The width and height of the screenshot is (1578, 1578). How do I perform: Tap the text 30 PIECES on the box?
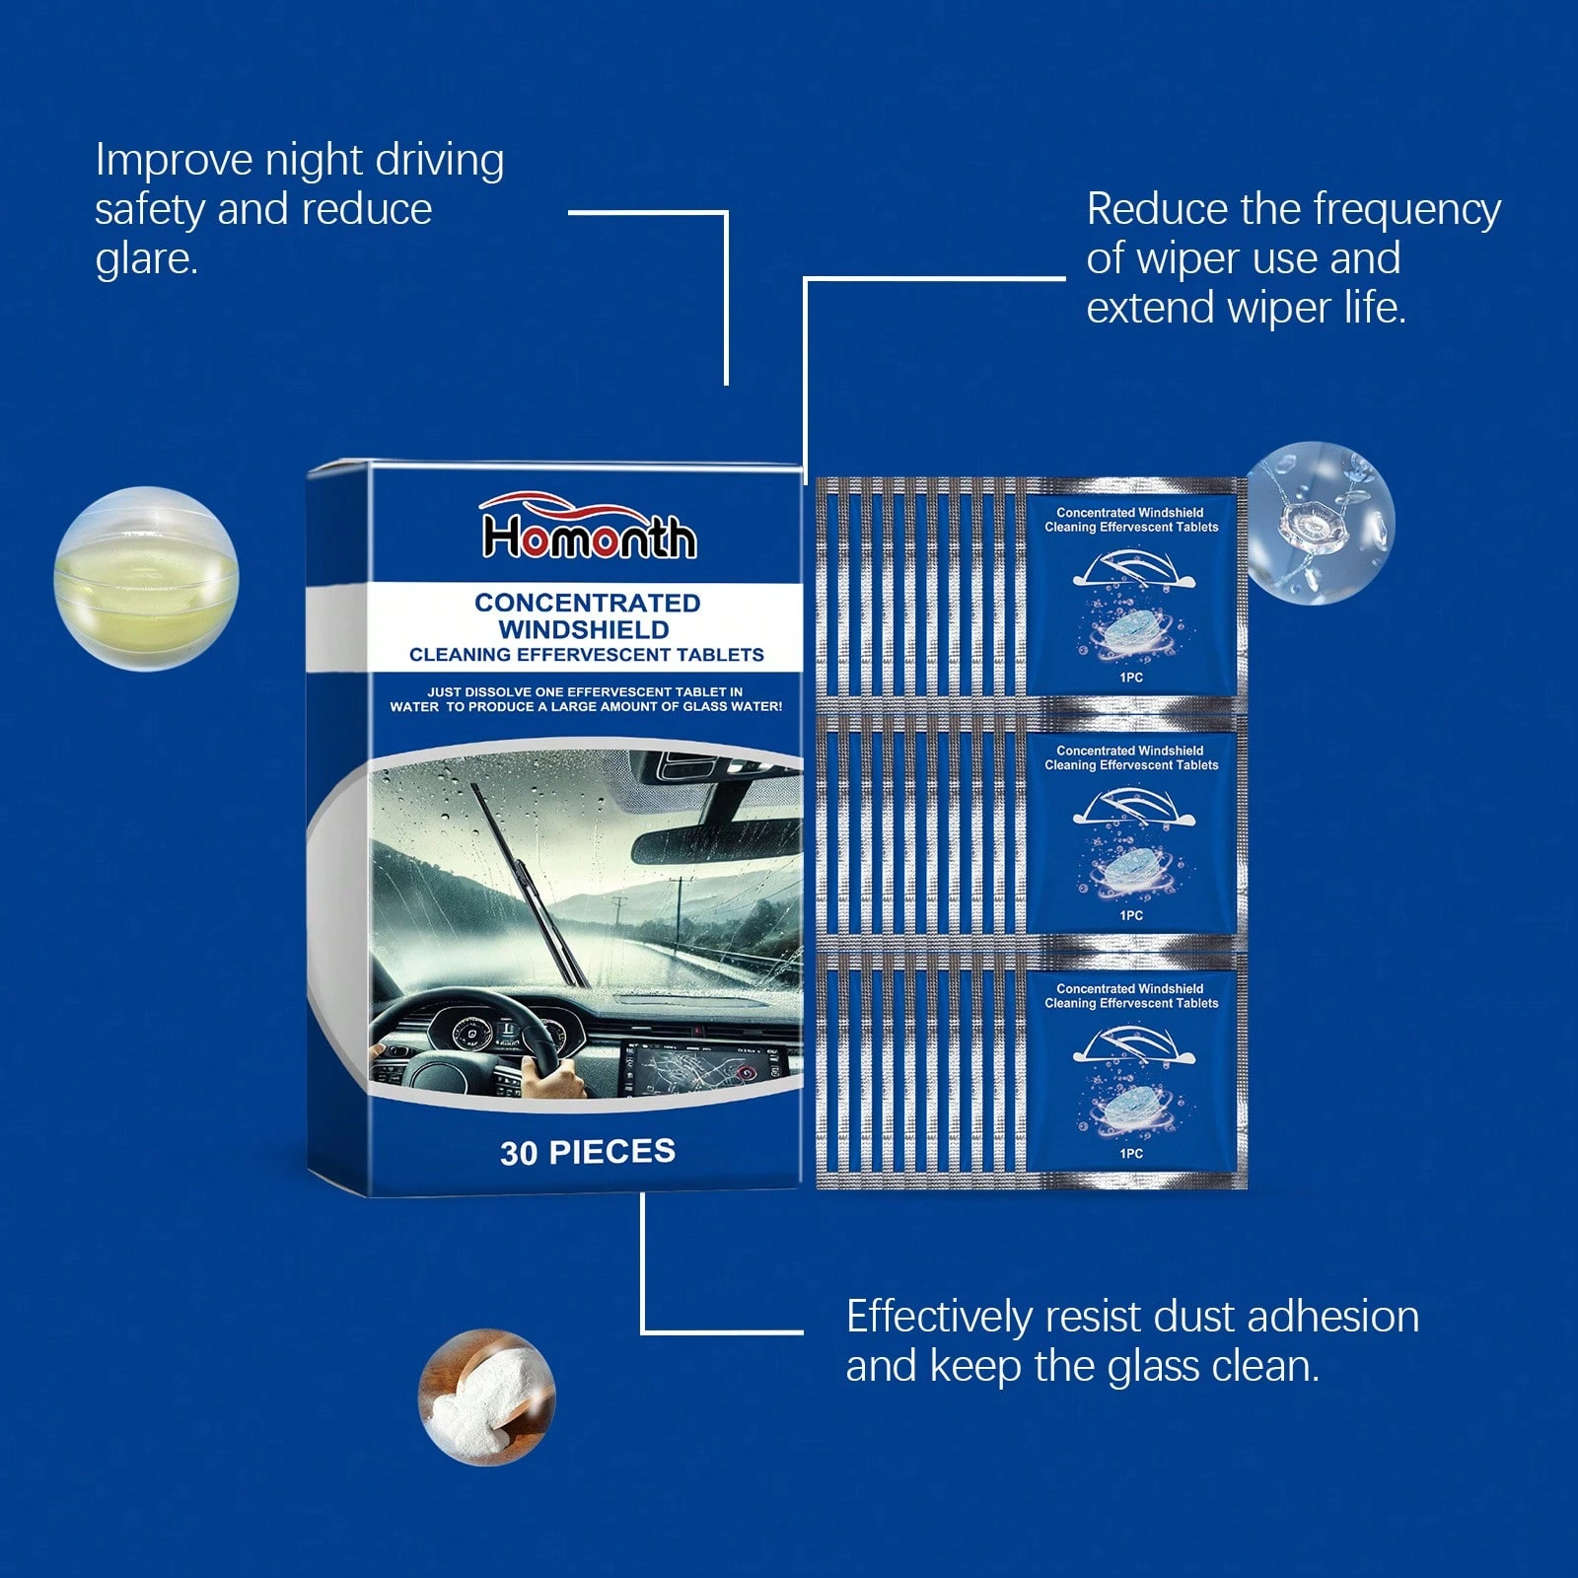click(588, 1152)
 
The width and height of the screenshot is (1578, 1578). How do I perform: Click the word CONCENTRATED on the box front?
click(587, 603)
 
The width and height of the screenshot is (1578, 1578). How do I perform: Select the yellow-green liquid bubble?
click(146, 579)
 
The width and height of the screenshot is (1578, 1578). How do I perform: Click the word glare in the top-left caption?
click(145, 259)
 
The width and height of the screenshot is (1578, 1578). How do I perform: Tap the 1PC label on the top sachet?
click(1131, 678)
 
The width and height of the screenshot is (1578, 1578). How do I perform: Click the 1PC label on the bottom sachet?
click(1131, 1153)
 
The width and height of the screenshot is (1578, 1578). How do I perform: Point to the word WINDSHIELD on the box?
click(584, 629)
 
